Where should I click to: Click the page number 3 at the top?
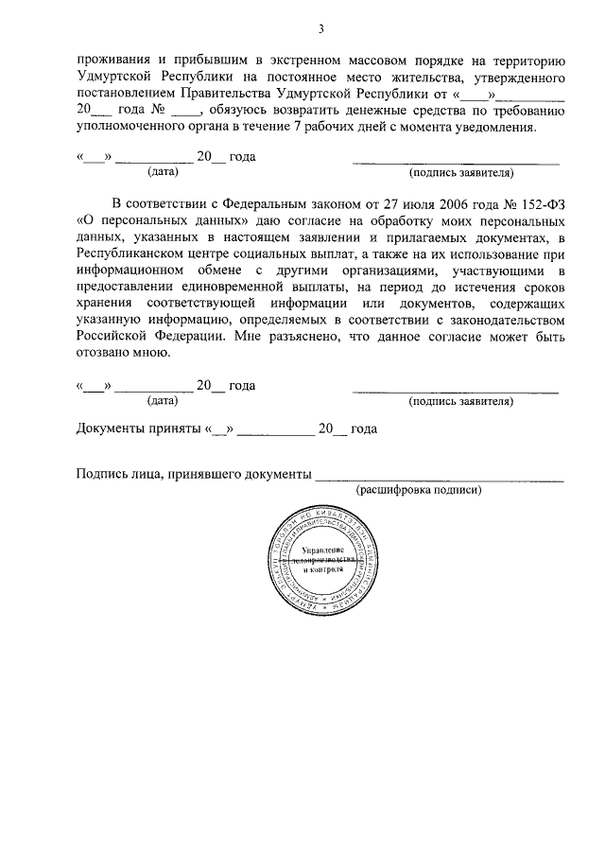320,28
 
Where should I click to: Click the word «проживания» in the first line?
112,59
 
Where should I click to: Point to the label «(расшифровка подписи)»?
419,490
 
